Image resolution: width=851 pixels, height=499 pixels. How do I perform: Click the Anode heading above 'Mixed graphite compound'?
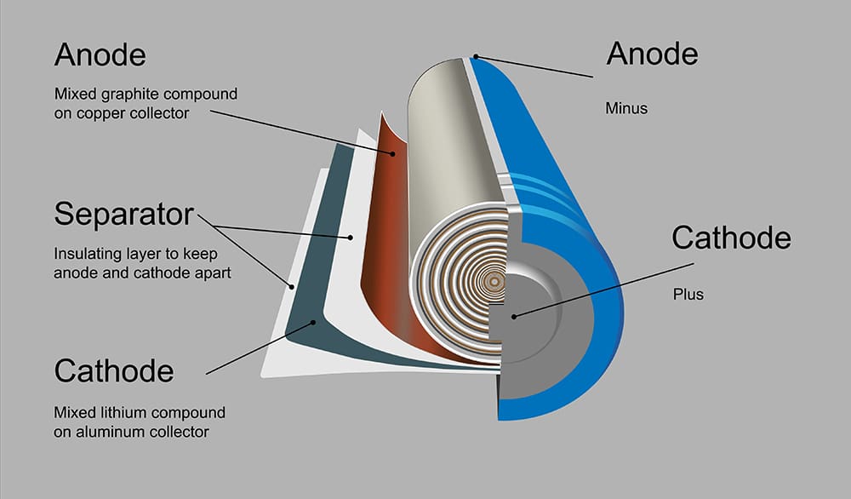click(x=100, y=56)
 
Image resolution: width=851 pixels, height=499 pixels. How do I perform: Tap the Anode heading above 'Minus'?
click(x=652, y=54)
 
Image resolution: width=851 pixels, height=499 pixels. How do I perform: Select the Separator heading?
click(x=123, y=214)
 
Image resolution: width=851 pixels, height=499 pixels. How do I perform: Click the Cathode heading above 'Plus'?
click(x=731, y=238)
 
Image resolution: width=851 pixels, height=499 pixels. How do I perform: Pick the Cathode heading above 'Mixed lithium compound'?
click(x=113, y=370)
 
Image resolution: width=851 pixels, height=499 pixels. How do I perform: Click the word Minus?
click(x=627, y=108)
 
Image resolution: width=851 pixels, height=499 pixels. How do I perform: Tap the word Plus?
click(x=688, y=295)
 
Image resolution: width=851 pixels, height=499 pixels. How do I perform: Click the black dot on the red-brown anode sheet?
click(x=392, y=154)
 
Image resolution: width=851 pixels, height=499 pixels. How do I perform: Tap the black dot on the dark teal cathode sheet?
click(x=315, y=322)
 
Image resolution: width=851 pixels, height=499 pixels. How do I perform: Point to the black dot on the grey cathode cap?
click(x=513, y=315)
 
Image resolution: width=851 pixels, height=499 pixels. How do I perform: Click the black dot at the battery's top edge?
click(x=477, y=57)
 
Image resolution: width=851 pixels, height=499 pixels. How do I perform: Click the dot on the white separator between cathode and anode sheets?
click(x=349, y=237)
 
